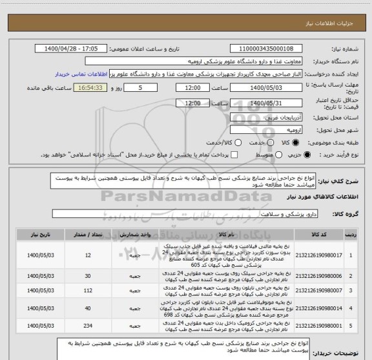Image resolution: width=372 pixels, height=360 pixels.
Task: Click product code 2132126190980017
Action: pyautogui.click(x=322, y=255)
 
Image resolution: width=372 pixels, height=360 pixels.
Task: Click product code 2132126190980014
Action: pyautogui.click(x=322, y=308)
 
